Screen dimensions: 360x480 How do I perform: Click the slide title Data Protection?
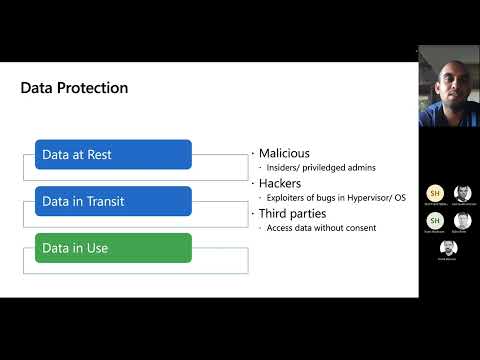click(x=74, y=88)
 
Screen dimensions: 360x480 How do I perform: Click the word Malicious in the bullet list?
click(x=284, y=154)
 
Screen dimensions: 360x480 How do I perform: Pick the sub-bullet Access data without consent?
click(x=321, y=228)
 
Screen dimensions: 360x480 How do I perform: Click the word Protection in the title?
click(x=94, y=88)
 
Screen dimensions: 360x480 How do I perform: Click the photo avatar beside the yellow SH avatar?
click(x=462, y=193)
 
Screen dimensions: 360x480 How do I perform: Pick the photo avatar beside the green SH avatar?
click(x=462, y=220)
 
